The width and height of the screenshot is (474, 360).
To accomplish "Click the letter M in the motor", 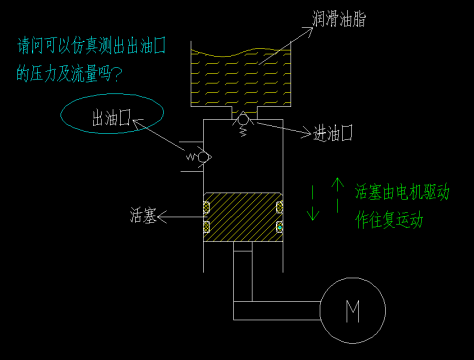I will [x=353, y=312].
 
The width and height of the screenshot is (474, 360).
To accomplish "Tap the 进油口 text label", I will [x=333, y=133].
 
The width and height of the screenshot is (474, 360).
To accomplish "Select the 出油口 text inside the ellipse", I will [x=112, y=119].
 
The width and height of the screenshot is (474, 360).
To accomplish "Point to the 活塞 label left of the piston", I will [x=143, y=214].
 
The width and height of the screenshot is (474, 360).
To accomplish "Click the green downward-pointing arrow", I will [x=313, y=208].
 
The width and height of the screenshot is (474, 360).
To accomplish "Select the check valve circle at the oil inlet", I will [x=242, y=120].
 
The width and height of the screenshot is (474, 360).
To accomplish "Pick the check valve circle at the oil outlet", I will [x=203, y=157].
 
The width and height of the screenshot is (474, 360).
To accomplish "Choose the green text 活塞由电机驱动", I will [x=402, y=191].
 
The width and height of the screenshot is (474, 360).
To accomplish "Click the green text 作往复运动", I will [x=389, y=220].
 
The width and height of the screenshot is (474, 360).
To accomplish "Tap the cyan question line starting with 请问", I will [x=90, y=46].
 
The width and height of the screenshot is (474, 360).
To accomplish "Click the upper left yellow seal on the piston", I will [x=207, y=208].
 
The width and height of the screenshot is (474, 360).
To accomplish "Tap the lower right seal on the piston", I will [x=279, y=228].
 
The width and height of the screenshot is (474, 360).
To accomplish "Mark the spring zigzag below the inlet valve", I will [x=244, y=133].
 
